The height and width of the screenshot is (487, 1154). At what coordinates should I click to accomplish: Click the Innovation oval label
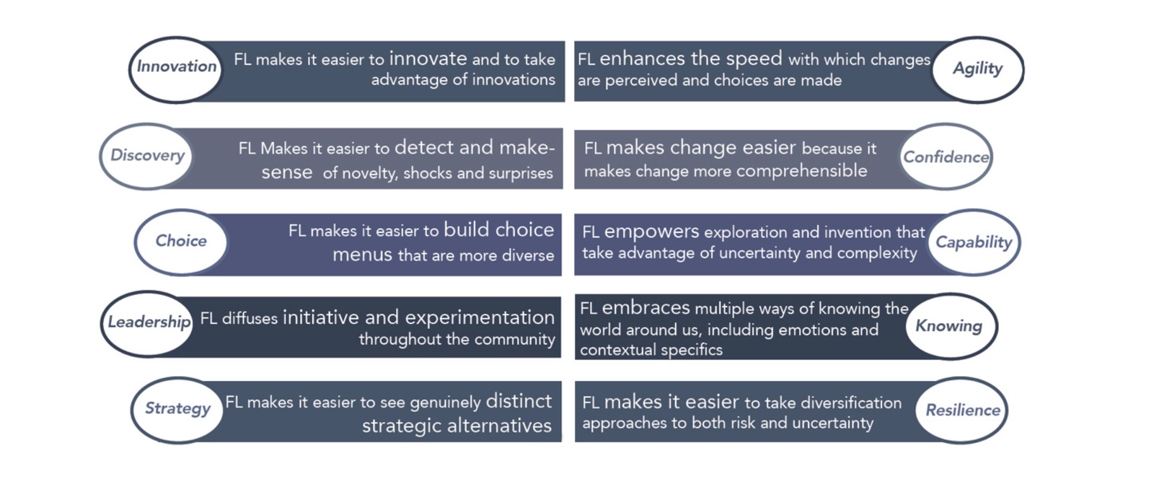tap(176, 69)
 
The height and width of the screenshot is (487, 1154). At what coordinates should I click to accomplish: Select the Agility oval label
tap(978, 69)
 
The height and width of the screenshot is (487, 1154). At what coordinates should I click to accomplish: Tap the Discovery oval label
tap(146, 156)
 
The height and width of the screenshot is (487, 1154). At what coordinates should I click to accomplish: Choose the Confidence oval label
tap(946, 157)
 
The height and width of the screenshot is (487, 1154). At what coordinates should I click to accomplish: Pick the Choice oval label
tap(181, 242)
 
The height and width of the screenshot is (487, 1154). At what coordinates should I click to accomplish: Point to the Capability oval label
tap(974, 242)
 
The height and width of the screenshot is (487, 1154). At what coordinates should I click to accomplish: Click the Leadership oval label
tap(148, 324)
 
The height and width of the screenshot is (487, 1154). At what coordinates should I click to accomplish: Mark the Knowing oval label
tap(951, 326)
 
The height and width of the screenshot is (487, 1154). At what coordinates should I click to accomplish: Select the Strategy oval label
tap(177, 411)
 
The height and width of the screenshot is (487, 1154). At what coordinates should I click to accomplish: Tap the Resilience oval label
tap(961, 411)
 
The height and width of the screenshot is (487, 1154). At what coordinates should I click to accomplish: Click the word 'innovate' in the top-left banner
tap(428, 58)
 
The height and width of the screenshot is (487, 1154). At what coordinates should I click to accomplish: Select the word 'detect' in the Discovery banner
tap(424, 147)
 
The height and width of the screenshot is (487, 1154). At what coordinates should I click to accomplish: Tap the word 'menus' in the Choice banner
tap(362, 255)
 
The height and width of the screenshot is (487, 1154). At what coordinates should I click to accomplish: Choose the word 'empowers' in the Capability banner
tap(652, 232)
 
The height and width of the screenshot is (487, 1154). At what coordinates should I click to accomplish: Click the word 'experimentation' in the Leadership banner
tap(480, 318)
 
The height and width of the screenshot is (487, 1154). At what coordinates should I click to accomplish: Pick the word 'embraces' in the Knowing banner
tap(646, 307)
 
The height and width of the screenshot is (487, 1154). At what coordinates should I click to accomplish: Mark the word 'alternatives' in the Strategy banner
tap(499, 426)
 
